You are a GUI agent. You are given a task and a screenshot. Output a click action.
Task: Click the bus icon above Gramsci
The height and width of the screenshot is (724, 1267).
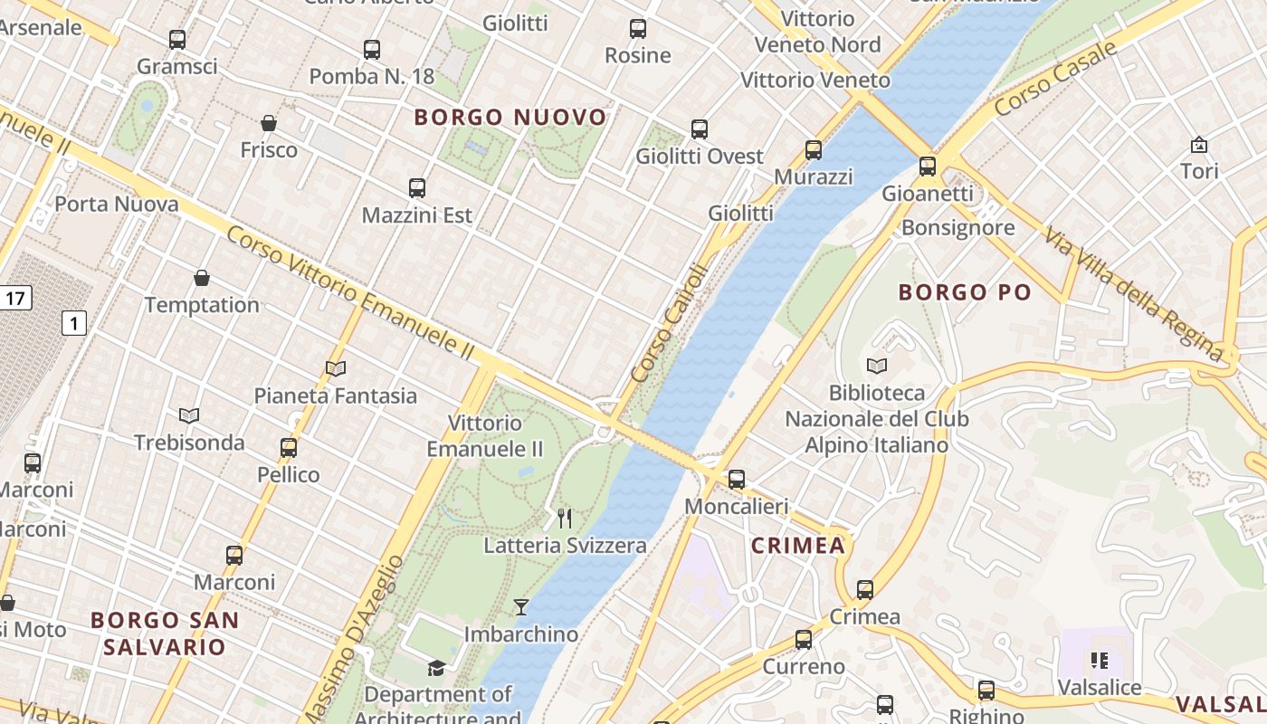pyautogui.click(x=177, y=40)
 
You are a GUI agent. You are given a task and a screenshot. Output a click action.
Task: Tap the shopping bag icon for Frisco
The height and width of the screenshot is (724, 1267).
pyautogui.click(x=268, y=123)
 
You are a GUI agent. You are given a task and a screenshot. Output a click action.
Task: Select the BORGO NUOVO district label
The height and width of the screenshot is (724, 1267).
pyautogui.click(x=510, y=117)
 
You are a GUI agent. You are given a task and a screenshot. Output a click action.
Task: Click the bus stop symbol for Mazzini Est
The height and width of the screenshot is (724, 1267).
pyautogui.click(x=416, y=188)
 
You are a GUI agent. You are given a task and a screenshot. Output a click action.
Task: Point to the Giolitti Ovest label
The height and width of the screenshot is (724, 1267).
pyautogui.click(x=700, y=156)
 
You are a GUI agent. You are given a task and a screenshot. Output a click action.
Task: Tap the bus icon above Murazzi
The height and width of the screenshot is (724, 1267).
pyautogui.click(x=814, y=150)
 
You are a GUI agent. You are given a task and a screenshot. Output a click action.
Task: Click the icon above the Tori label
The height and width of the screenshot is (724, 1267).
pyautogui.click(x=1199, y=145)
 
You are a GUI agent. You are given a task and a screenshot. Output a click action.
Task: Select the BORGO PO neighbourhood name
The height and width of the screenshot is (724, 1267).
pyautogui.click(x=965, y=291)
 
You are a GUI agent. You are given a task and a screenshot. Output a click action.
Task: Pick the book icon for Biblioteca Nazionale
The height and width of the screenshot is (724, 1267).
pyautogui.click(x=876, y=366)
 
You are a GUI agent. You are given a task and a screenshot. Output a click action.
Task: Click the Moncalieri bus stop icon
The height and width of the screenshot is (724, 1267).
pyautogui.click(x=737, y=480)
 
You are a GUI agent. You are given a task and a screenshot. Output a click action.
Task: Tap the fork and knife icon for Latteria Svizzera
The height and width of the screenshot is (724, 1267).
pyautogui.click(x=565, y=518)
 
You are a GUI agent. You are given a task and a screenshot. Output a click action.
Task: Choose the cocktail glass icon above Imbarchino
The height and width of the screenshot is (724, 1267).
pyautogui.click(x=521, y=606)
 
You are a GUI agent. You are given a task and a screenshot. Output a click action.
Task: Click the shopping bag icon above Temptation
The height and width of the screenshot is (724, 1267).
pyautogui.click(x=202, y=278)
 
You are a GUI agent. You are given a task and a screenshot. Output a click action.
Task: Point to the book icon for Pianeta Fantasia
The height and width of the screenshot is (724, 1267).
pyautogui.click(x=336, y=368)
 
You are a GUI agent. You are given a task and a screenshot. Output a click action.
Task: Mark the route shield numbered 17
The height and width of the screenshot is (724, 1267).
pyautogui.click(x=15, y=297)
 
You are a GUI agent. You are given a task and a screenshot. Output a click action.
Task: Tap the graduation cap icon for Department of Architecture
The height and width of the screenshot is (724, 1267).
pyautogui.click(x=436, y=669)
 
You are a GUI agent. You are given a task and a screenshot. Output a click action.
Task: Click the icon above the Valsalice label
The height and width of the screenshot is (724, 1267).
pyautogui.click(x=1100, y=661)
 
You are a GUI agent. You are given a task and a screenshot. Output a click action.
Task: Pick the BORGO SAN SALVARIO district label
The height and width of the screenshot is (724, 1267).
pyautogui.click(x=165, y=633)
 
